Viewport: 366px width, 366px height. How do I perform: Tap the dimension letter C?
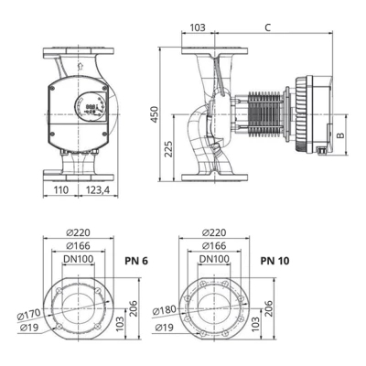266,27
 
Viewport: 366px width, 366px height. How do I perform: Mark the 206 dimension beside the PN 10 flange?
267,309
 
